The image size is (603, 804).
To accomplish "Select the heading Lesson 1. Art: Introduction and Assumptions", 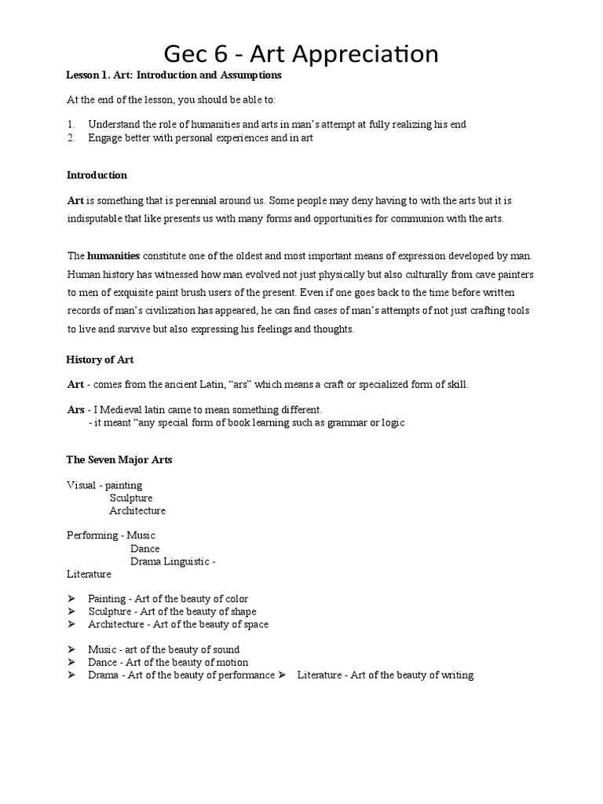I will [x=174, y=75].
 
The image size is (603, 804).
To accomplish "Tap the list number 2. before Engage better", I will [x=71, y=138].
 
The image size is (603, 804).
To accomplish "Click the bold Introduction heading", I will [x=97, y=175].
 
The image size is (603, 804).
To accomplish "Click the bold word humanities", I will [x=114, y=256].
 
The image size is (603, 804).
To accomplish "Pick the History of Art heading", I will [x=99, y=360].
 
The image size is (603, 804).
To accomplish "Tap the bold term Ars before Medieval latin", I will [x=75, y=410].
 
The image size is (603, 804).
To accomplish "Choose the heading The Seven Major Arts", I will [x=119, y=460].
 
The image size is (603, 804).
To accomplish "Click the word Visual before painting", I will [x=81, y=485].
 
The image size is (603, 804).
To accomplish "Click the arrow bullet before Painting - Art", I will [x=71, y=599].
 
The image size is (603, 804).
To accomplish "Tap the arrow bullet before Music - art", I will [x=71, y=650].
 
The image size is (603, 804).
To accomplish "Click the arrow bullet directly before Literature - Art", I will [x=283, y=675].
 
